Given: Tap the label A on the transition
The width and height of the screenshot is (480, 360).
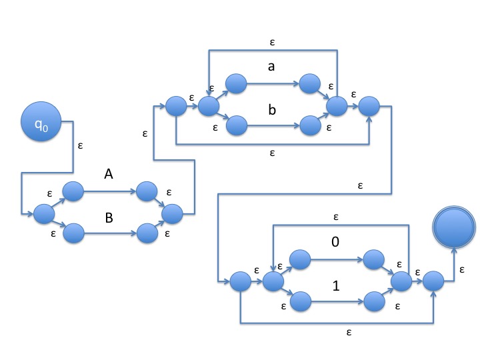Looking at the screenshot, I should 109,175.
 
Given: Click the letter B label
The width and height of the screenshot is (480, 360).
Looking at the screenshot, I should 109,217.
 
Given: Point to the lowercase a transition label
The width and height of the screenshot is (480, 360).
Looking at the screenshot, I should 271,67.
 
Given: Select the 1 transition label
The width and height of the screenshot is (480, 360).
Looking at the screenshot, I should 335,285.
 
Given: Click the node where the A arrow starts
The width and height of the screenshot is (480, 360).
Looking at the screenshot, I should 73,192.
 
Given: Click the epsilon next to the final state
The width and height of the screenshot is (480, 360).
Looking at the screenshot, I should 463,269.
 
